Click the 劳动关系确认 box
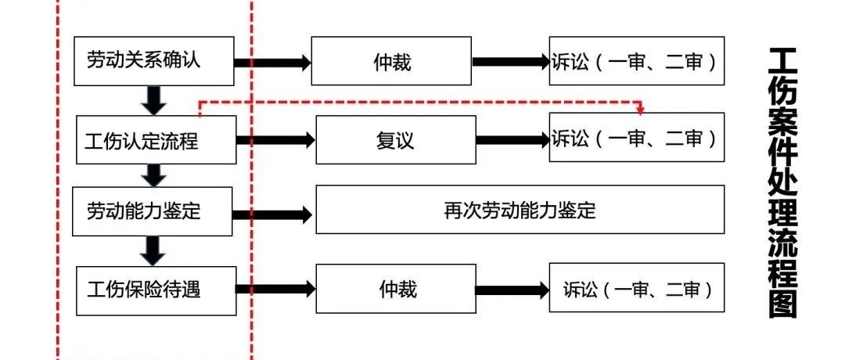pyautogui.click(x=153, y=61)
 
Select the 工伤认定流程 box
pyautogui.click(x=156, y=139)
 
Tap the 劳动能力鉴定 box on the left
pyautogui.click(x=153, y=211)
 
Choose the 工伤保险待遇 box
pyautogui.click(x=156, y=290)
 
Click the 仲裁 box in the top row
pyautogui.click(x=392, y=61)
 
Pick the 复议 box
pyautogui.click(x=396, y=139)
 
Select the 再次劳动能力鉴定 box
pyautogui.click(x=520, y=210)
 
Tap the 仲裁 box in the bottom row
pyautogui.click(x=396, y=288)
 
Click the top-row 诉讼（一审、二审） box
pyautogui.click(x=637, y=61)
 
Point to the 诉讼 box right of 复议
pyautogui.click(x=637, y=137)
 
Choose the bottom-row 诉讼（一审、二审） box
pyautogui.click(x=637, y=287)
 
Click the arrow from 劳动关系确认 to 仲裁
pyautogui.click(x=273, y=63)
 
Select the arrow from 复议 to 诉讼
pyautogui.click(x=512, y=140)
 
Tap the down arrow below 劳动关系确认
pyautogui.click(x=154, y=100)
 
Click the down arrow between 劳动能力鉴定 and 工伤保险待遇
pyautogui.click(x=154, y=251)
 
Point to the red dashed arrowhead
pyautogui.click(x=640, y=110)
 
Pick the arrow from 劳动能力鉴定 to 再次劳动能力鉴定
pyautogui.click(x=273, y=215)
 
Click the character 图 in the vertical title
pyautogui.click(x=782, y=302)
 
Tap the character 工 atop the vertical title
pyautogui.click(x=782, y=62)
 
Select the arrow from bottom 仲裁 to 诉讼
pyautogui.click(x=512, y=290)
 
